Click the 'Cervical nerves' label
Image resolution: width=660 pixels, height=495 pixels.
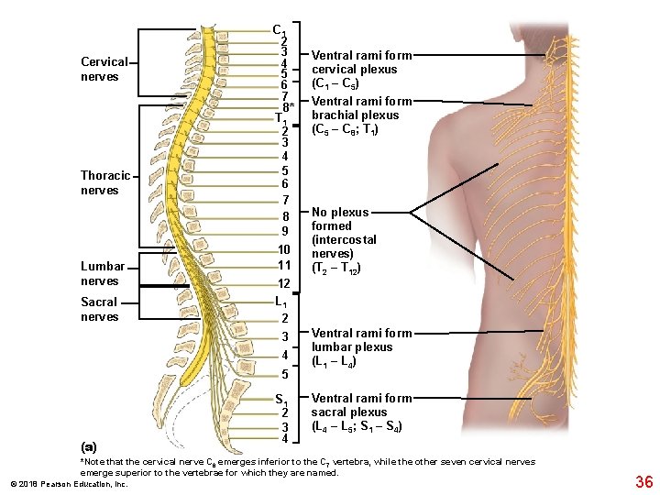(104, 69)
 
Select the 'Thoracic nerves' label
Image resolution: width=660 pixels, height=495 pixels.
(105, 182)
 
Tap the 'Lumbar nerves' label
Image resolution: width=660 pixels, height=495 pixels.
(100, 273)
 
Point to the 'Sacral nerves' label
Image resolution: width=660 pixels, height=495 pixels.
(100, 309)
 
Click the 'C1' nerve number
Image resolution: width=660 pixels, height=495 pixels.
(280, 29)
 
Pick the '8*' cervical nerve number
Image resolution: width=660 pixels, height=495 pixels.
(287, 106)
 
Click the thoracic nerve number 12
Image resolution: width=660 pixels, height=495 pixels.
(284, 284)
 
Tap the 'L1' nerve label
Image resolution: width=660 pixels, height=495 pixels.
(282, 302)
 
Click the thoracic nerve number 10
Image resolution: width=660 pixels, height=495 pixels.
(284, 249)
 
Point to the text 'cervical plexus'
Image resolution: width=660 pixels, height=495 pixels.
(354, 70)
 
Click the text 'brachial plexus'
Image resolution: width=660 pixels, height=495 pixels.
(355, 115)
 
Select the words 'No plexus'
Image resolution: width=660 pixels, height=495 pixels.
(340, 212)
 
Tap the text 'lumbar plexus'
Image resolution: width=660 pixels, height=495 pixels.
(352, 346)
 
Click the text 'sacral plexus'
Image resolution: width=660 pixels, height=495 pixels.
(348, 412)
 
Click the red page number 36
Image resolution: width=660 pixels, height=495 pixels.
(643, 482)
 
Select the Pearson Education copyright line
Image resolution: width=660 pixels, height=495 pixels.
(69, 483)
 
